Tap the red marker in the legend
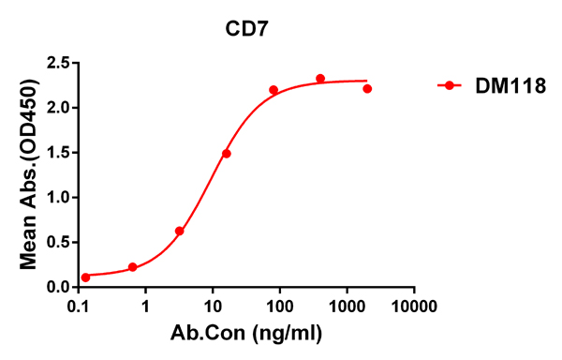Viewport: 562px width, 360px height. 450,85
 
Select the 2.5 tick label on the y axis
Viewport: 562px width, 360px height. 58,64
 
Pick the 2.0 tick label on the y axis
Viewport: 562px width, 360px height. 58,108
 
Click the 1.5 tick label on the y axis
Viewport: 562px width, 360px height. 58,153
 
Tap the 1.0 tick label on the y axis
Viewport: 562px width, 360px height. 58,198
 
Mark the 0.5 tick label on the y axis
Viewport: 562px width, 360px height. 58,243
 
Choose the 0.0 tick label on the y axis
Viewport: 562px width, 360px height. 58,287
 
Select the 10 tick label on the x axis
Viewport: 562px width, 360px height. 213,306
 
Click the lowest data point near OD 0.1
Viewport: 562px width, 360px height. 86,277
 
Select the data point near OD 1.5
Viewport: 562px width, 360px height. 227,154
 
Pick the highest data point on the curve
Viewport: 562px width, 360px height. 320,79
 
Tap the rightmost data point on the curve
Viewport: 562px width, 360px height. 367,89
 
